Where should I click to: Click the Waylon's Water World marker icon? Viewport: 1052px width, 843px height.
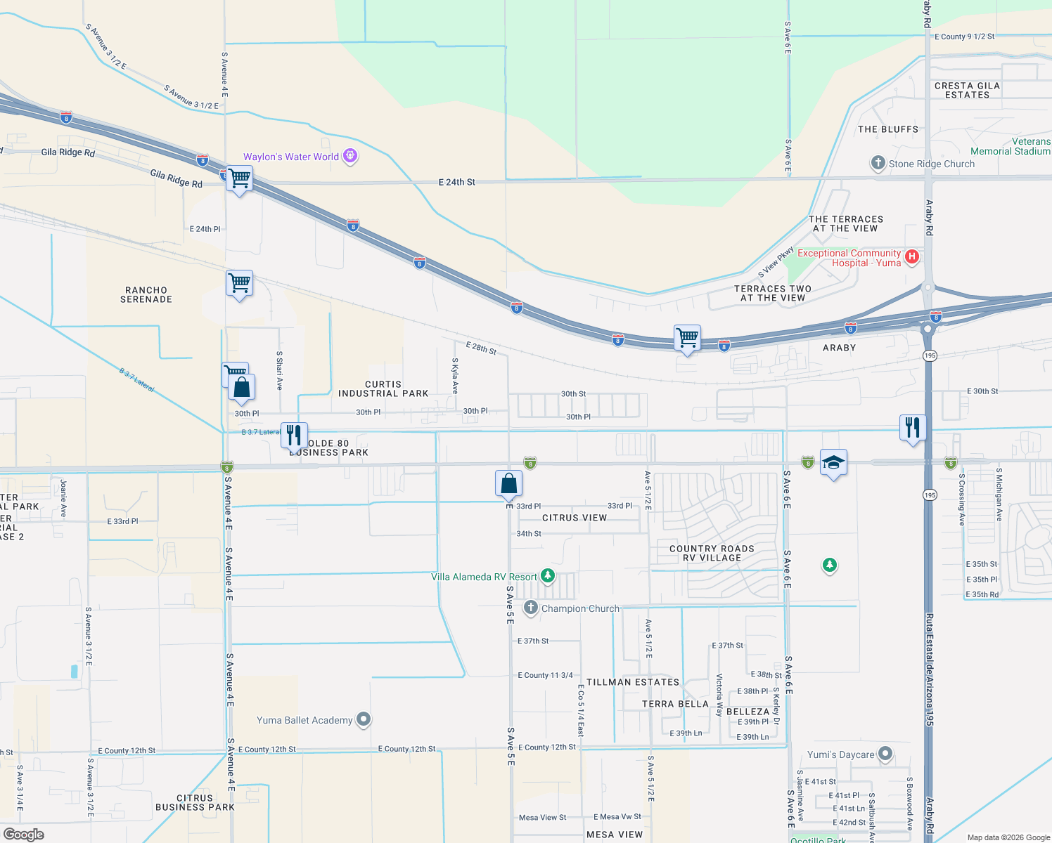[x=350, y=156]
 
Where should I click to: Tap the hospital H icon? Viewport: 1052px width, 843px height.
[x=912, y=256]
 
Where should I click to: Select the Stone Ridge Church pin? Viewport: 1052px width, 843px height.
[x=878, y=163]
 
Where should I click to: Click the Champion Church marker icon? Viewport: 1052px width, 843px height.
[x=531, y=608]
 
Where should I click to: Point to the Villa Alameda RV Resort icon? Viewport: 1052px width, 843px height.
[x=548, y=576]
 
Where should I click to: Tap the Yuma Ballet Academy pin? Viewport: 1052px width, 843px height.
[x=364, y=719]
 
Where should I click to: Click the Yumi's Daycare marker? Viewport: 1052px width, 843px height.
[x=885, y=754]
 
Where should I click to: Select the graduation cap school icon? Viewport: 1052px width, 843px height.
[x=833, y=462]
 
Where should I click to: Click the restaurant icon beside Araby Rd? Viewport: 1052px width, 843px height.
[x=912, y=427]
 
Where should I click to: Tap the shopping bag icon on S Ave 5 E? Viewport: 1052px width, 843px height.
[x=509, y=483]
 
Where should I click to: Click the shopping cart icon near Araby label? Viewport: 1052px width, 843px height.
[x=687, y=338]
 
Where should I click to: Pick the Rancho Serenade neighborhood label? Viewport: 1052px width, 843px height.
[x=146, y=294]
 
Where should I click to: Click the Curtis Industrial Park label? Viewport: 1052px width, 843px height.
[x=383, y=388]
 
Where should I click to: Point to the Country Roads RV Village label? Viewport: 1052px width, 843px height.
[x=712, y=553]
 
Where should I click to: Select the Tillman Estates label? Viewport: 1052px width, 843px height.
[x=633, y=682]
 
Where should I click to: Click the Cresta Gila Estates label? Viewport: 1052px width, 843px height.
[x=967, y=90]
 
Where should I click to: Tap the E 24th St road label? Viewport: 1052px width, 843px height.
[x=457, y=182]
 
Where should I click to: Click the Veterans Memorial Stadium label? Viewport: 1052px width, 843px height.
[x=1011, y=146]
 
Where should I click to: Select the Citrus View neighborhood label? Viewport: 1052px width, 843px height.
[x=575, y=518]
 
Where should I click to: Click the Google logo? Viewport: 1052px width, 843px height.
[x=24, y=834]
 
